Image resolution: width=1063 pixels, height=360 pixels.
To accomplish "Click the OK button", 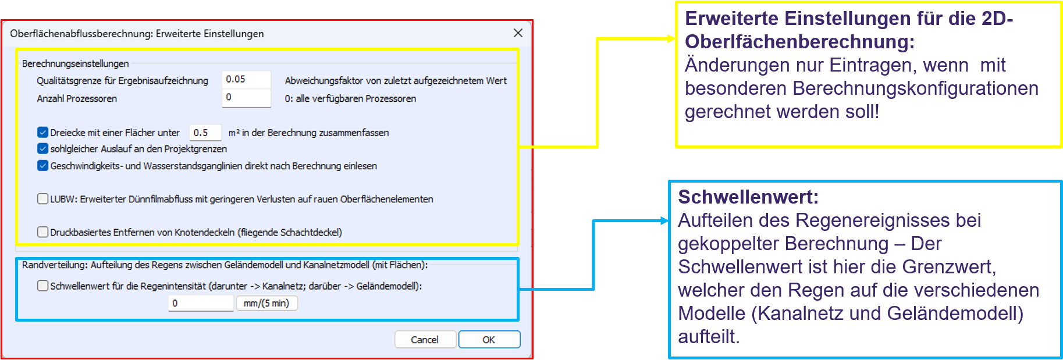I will click(x=489, y=340).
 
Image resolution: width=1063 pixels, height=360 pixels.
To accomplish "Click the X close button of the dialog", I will click(x=518, y=33).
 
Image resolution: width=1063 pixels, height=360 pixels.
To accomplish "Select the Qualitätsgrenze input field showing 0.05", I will click(x=246, y=80).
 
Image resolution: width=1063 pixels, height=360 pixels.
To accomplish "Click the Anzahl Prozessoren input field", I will click(x=246, y=98).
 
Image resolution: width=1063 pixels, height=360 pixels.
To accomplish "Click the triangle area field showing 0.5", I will click(x=205, y=133).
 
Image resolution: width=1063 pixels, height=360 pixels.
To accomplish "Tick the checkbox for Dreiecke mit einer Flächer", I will click(x=42, y=133).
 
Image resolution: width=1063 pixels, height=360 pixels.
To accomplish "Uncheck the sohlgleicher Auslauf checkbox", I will click(x=42, y=149).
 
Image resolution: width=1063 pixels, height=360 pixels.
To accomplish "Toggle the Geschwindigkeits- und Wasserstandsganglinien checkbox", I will click(x=42, y=166).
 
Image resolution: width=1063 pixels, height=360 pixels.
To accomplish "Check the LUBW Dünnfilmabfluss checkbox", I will click(x=42, y=199).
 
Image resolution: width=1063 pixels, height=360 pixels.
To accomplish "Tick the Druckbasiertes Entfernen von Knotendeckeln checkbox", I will click(x=42, y=232).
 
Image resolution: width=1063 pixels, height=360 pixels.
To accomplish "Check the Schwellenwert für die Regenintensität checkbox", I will click(x=42, y=286).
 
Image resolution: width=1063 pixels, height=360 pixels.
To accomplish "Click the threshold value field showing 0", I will click(x=201, y=303).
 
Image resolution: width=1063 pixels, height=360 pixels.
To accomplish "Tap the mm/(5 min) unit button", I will click(x=266, y=303).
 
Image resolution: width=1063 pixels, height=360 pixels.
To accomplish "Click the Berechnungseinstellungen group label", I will click(x=76, y=63).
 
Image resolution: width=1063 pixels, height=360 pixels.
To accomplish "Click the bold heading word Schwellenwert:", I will click(x=748, y=197).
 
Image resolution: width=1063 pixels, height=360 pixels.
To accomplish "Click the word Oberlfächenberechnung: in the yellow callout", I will click(x=799, y=42).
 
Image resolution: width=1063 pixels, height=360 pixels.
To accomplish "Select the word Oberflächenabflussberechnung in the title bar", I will click(x=81, y=34).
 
